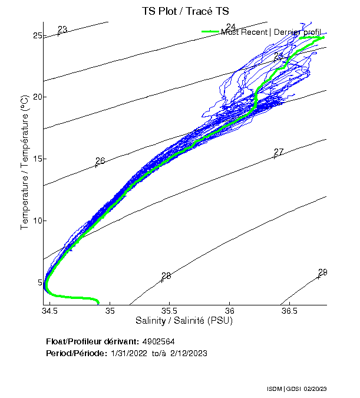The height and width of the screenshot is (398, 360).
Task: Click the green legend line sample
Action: click(210, 32)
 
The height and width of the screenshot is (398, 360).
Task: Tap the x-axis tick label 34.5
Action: click(50, 311)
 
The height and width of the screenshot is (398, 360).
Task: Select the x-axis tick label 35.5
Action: click(170, 311)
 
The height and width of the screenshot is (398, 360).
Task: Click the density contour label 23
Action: click(62, 29)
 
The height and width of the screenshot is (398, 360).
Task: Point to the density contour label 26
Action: click(100, 160)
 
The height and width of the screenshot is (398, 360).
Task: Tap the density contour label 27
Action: click(279, 152)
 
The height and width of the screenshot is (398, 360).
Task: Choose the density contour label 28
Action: click(166, 275)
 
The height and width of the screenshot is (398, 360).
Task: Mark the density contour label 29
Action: click(322, 272)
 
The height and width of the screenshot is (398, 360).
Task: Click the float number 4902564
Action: click(158, 341)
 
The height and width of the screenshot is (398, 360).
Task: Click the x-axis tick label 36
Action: click(230, 311)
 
